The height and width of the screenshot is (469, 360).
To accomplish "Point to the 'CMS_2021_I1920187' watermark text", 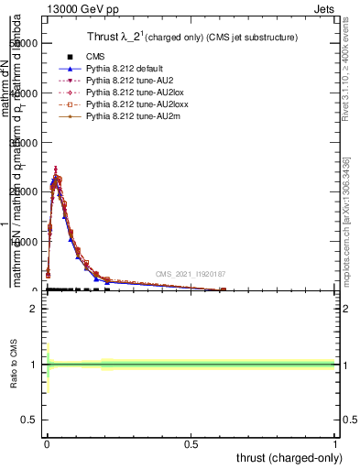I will coord(190,274).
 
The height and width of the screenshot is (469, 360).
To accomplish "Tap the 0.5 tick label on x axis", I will coord(191,442).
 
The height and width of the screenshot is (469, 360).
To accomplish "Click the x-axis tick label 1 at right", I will coord(335,442).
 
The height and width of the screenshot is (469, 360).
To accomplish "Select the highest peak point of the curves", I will coord(56,169).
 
